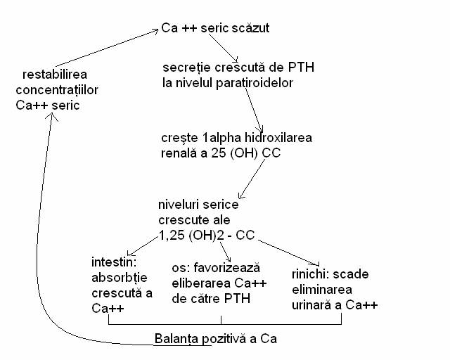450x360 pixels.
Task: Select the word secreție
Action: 186,68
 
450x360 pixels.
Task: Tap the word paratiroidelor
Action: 255,83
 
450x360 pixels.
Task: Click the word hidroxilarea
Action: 278,138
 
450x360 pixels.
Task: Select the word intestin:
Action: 114,262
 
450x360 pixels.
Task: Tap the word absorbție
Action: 120,278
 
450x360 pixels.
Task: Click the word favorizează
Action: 226,268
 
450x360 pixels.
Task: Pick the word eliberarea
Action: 202,283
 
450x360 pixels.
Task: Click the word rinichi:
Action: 311,274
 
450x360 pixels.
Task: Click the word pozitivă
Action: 224,339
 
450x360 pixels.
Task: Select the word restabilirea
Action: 55,75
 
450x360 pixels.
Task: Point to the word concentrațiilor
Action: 57,90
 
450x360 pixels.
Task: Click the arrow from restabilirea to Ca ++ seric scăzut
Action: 107,48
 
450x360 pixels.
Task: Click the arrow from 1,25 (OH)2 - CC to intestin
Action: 143,246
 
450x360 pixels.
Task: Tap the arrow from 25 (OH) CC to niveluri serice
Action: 252,179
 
